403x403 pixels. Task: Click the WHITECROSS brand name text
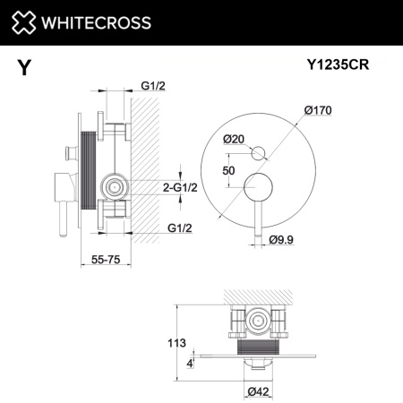pos(93,22)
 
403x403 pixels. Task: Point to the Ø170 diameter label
pos(320,110)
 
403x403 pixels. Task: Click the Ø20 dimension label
pos(236,139)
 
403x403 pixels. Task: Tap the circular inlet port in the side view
pos(113,187)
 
